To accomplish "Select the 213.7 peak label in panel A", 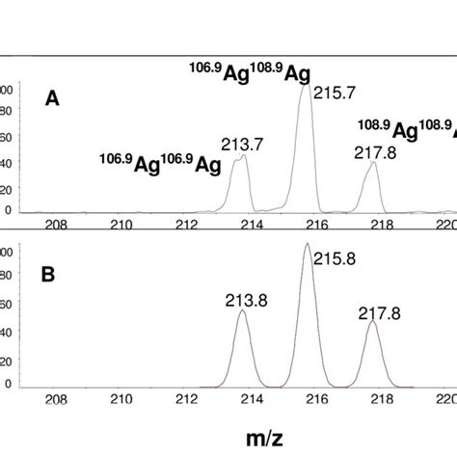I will (x=242, y=145).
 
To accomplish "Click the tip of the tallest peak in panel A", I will (x=308, y=87).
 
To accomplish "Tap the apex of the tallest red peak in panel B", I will (x=308, y=244).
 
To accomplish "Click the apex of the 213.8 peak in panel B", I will (x=243, y=310).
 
